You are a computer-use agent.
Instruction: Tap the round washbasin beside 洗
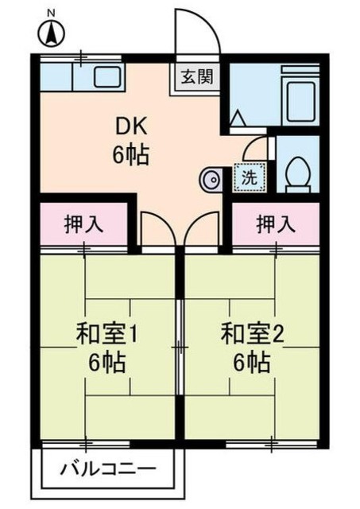click(x=212, y=180)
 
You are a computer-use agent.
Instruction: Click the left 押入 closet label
click(x=83, y=224)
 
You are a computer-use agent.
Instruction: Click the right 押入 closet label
click(x=276, y=224)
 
